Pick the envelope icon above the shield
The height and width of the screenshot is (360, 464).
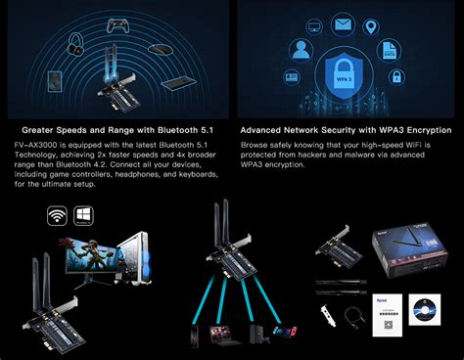coord(342,23)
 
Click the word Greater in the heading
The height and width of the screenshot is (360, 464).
coord(46,129)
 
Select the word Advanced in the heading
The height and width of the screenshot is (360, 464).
coord(266,129)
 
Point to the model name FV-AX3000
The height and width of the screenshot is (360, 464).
coord(36,144)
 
